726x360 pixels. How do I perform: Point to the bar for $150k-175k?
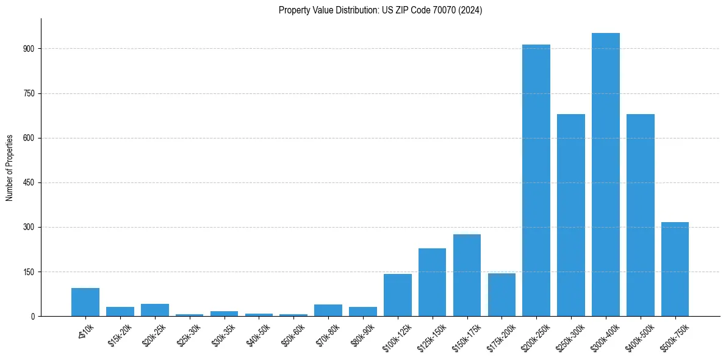click(x=467, y=275)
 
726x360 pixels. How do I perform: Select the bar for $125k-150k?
click(x=432, y=283)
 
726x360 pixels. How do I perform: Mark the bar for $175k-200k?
click(x=501, y=295)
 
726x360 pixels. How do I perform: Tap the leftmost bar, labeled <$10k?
click(x=85, y=302)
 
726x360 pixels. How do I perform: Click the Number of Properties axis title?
click(x=9, y=167)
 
